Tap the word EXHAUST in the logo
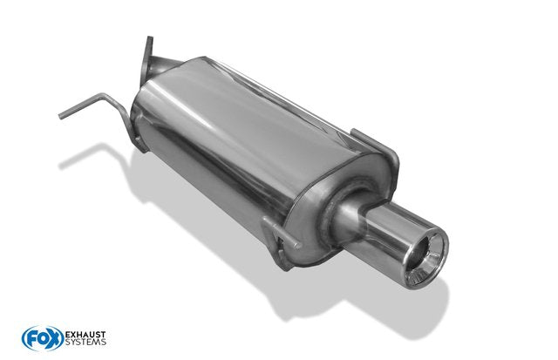[85, 335]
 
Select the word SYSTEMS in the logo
[85, 343]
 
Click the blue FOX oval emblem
[43, 338]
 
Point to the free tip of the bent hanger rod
[60, 116]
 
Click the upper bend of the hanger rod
[104, 96]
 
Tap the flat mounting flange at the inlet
[146, 60]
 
